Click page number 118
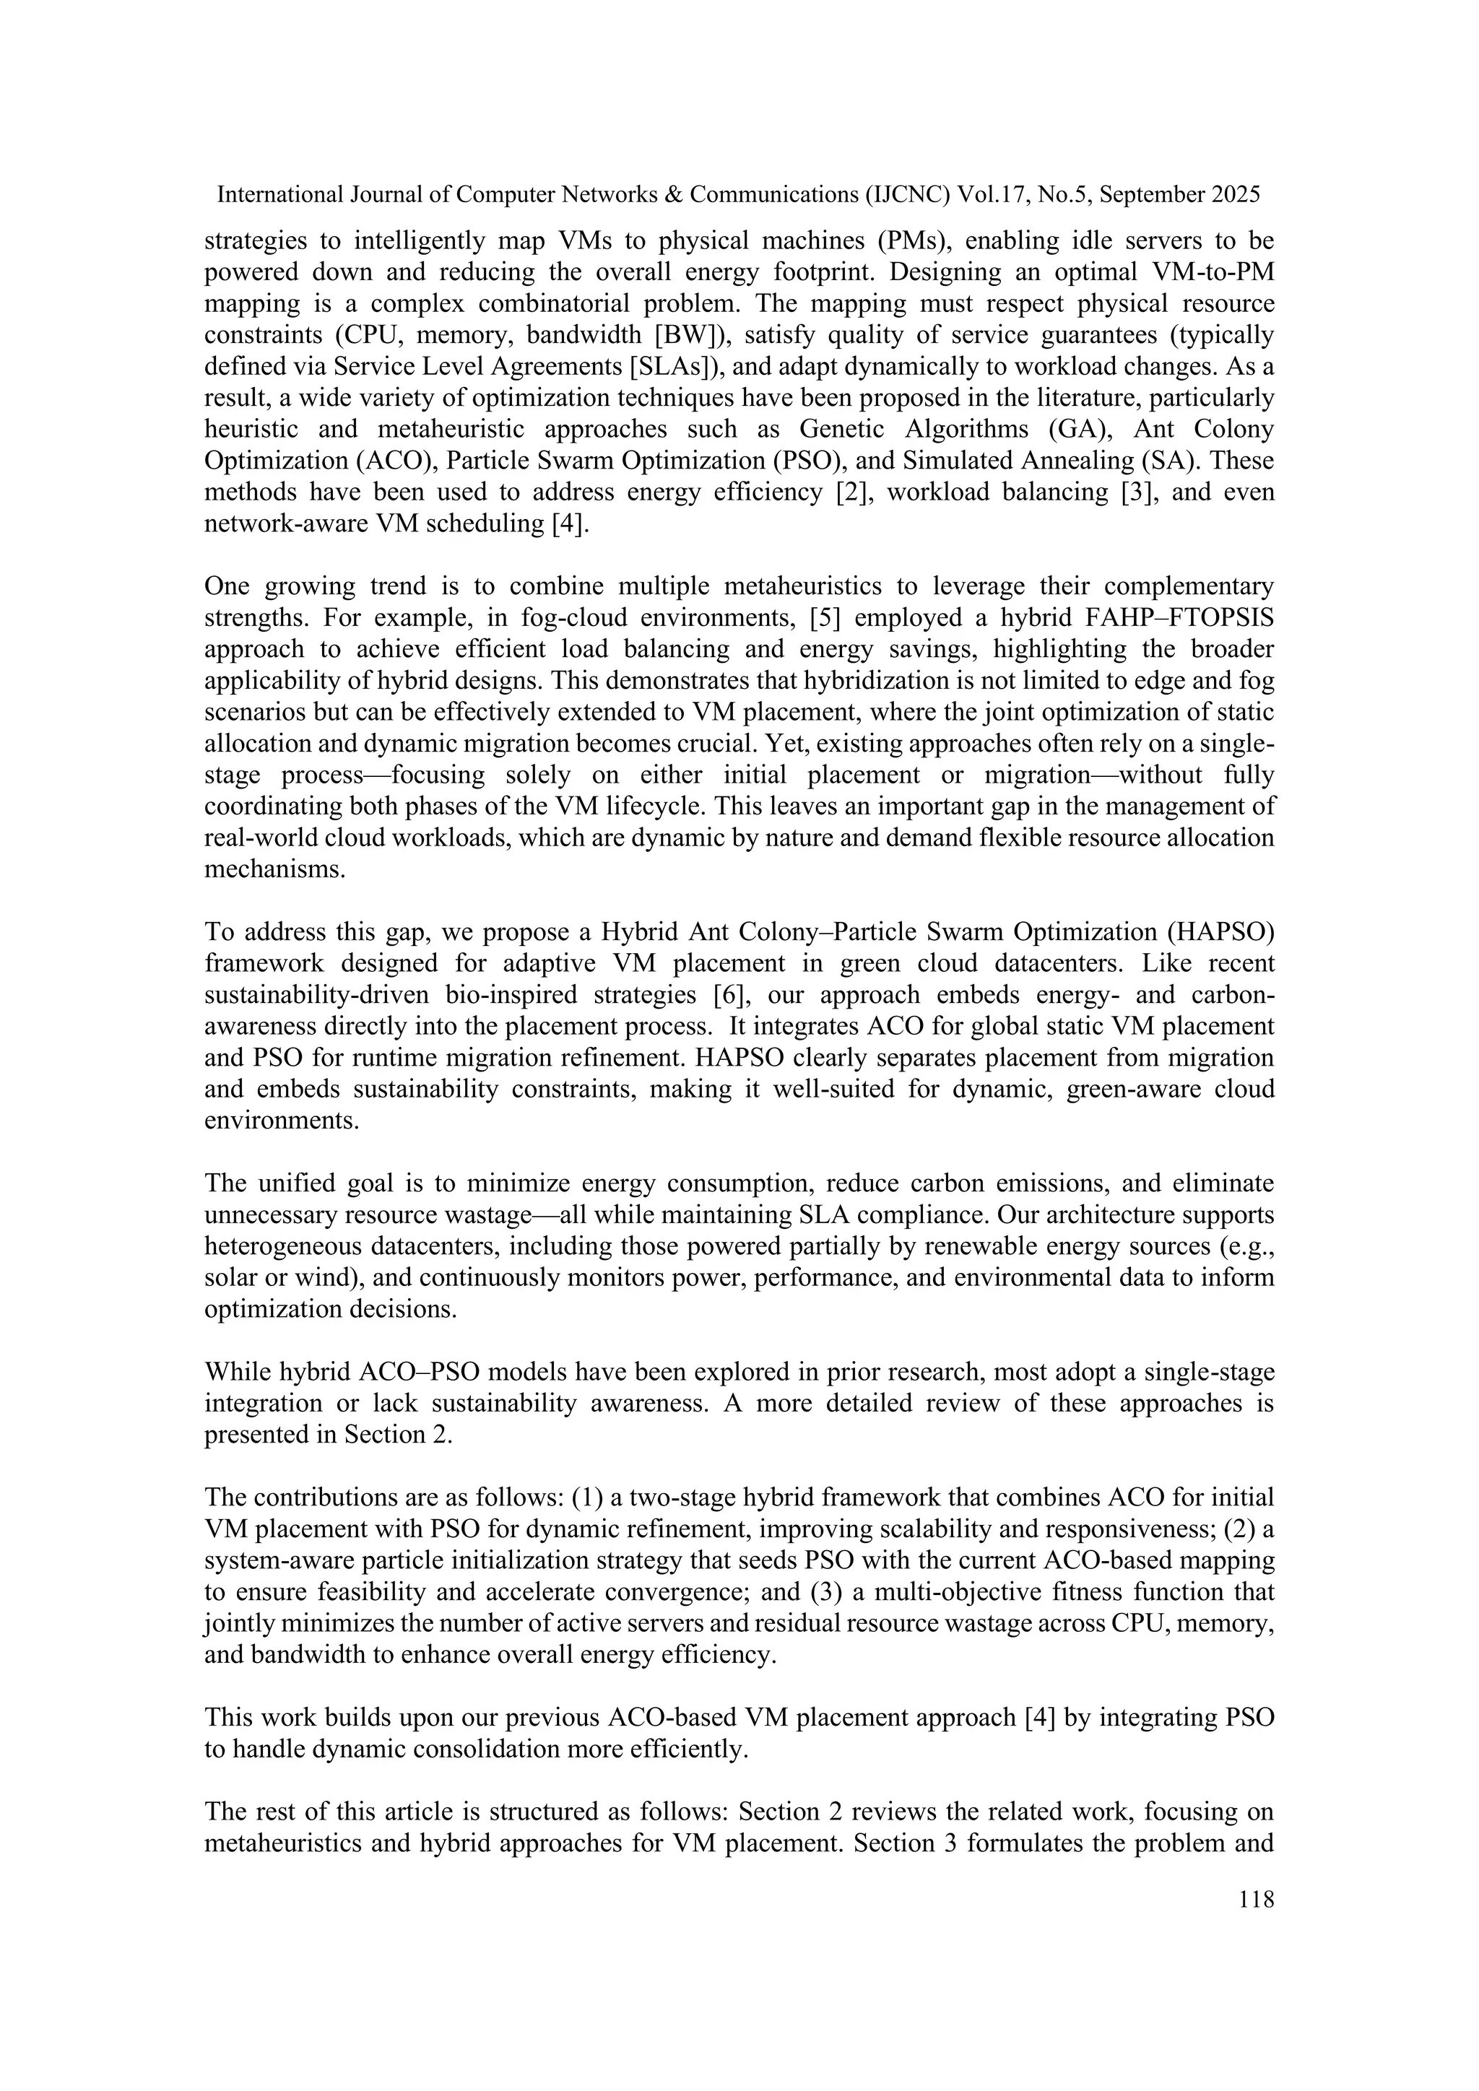[x=1256, y=1899]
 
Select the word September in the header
[x=1154, y=194]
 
